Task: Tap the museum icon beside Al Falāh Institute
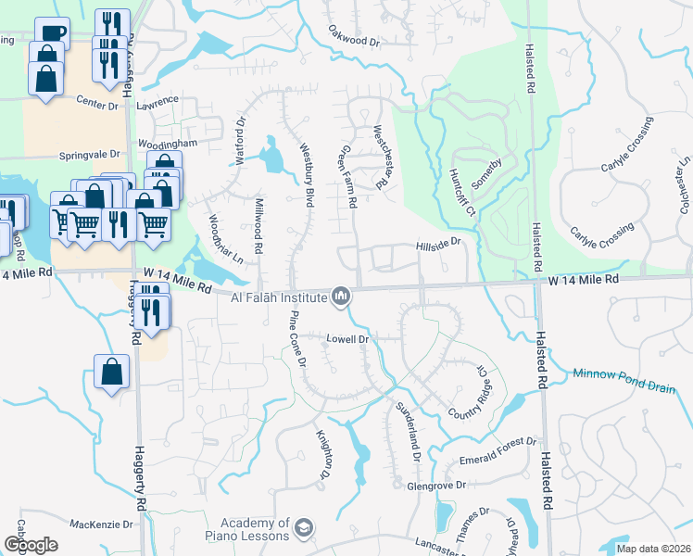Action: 341,297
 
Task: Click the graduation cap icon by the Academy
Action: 302,529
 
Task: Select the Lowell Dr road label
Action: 348,339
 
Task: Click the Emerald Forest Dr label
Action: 498,450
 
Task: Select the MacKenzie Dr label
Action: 102,524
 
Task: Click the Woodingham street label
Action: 169,145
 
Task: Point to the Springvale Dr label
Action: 90,155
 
